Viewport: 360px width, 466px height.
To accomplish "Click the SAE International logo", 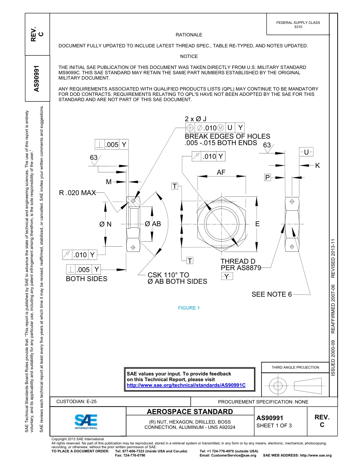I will (x=86, y=421).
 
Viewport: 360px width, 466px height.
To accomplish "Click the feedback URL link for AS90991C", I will (x=186, y=385).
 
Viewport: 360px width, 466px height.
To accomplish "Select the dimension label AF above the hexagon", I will (x=221, y=172).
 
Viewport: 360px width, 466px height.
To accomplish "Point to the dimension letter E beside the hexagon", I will (x=257, y=224).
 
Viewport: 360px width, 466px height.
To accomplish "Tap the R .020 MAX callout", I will (x=77, y=193).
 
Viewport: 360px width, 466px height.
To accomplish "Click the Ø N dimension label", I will (x=105, y=224).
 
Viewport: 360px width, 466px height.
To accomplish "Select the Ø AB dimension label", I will (x=153, y=224).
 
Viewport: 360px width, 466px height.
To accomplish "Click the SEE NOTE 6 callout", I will (x=271, y=294).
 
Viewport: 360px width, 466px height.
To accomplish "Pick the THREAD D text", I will (x=238, y=261).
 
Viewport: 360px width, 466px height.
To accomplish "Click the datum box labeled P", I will (x=268, y=178).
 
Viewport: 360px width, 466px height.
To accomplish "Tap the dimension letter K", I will (x=318, y=166).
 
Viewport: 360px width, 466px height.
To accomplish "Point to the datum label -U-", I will (x=306, y=152).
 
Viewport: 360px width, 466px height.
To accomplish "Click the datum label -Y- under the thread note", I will (x=227, y=277).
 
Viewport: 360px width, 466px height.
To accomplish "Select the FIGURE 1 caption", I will (x=189, y=308).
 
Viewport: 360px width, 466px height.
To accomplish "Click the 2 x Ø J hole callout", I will (x=196, y=119).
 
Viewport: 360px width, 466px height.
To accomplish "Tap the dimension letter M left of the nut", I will (x=109, y=182).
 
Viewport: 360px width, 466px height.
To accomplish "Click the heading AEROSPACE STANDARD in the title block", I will (x=190, y=412).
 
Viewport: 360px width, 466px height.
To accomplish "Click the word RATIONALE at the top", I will (x=189, y=35).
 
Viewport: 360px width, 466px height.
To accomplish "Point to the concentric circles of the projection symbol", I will (x=278, y=386).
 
